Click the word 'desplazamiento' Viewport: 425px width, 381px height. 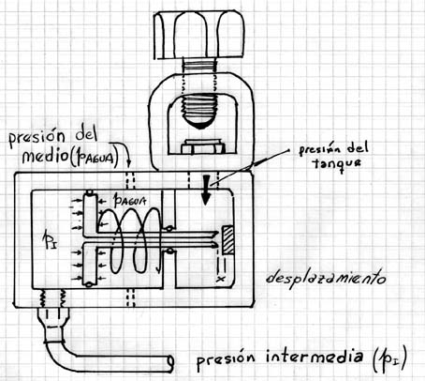tap(326, 278)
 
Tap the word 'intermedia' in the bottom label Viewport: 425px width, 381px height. tap(315, 358)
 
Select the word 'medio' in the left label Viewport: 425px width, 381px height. tap(45, 156)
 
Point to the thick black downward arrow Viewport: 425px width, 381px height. tap(206, 190)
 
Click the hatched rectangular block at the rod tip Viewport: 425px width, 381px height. tap(227, 240)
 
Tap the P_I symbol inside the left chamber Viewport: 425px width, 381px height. tap(50, 241)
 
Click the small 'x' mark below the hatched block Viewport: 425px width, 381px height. tap(221, 278)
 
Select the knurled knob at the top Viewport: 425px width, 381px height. tap(199, 35)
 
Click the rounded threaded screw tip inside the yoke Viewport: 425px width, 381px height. tap(199, 112)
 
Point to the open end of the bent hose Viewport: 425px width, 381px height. tap(170, 364)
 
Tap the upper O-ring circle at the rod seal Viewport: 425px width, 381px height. tap(169, 228)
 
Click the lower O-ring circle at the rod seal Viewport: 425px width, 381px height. tap(170, 251)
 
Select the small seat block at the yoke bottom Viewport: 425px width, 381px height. tap(203, 146)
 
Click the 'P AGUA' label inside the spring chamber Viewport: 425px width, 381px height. tap(130, 201)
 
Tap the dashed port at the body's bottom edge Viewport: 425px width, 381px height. tap(131, 297)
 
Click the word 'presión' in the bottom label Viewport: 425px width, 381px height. tap(226, 359)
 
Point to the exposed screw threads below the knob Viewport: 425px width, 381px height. tap(199, 67)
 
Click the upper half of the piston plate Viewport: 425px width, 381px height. tap(90, 213)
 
